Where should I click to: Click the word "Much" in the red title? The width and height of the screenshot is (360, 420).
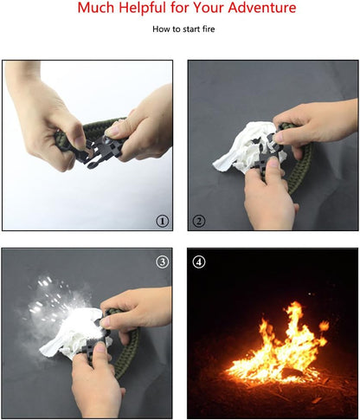pos(96,7)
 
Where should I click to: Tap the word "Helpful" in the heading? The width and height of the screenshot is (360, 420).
pos(143,8)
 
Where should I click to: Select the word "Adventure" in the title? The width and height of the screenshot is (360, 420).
pos(262,7)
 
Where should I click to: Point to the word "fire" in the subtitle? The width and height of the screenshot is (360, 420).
pos(209,29)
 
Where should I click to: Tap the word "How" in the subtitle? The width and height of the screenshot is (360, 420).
pos(159,29)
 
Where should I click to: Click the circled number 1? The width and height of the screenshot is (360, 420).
pos(162,222)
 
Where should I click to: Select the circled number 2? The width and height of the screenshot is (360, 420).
pos(198,222)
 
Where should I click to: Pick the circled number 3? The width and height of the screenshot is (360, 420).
pos(163,262)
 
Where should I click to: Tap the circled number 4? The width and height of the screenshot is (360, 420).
pos(199,262)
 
